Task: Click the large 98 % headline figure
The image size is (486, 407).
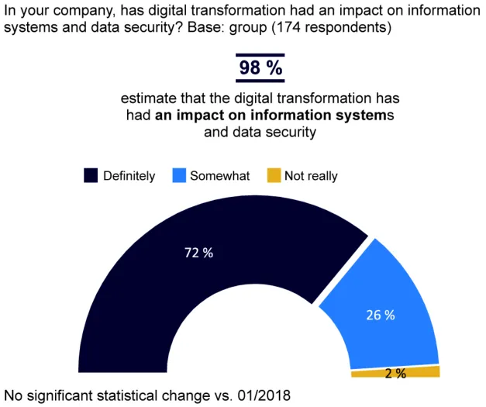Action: click(260, 67)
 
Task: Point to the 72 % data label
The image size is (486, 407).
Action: click(198, 253)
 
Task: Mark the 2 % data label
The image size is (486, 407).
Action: click(395, 374)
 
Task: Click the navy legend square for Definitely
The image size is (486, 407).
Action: click(91, 176)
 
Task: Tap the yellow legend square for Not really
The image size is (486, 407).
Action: click(273, 176)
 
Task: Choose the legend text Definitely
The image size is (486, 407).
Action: click(129, 176)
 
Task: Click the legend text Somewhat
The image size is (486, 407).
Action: click(220, 176)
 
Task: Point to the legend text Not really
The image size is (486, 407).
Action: click(311, 176)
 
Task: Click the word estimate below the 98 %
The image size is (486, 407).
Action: click(147, 100)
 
